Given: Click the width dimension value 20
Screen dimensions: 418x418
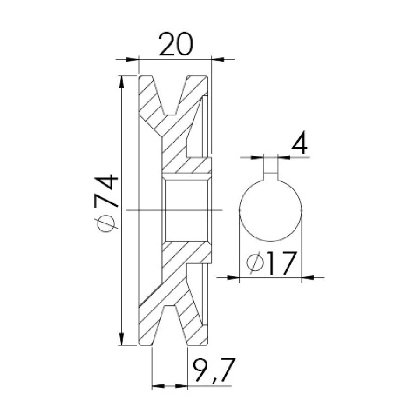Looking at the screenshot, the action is click(x=175, y=44).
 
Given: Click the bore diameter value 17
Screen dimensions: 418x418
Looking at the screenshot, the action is click(x=283, y=263).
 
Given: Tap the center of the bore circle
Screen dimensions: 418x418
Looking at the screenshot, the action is click(x=271, y=210).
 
